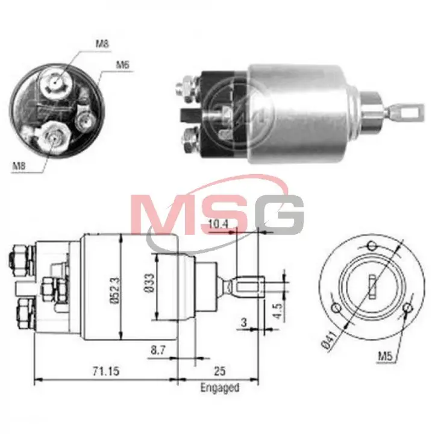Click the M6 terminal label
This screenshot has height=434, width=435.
[122, 65]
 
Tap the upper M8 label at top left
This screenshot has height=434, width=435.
[102, 44]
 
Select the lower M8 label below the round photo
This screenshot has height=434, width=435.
[19, 166]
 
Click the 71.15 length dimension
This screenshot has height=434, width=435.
[106, 371]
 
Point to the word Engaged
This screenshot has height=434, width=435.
[220, 388]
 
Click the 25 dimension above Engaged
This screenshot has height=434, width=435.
[220, 371]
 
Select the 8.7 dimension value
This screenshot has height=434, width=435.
[158, 350]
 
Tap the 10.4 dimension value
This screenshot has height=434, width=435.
[218, 224]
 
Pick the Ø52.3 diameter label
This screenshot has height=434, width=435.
[115, 290]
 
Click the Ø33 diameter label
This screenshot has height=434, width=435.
[150, 283]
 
